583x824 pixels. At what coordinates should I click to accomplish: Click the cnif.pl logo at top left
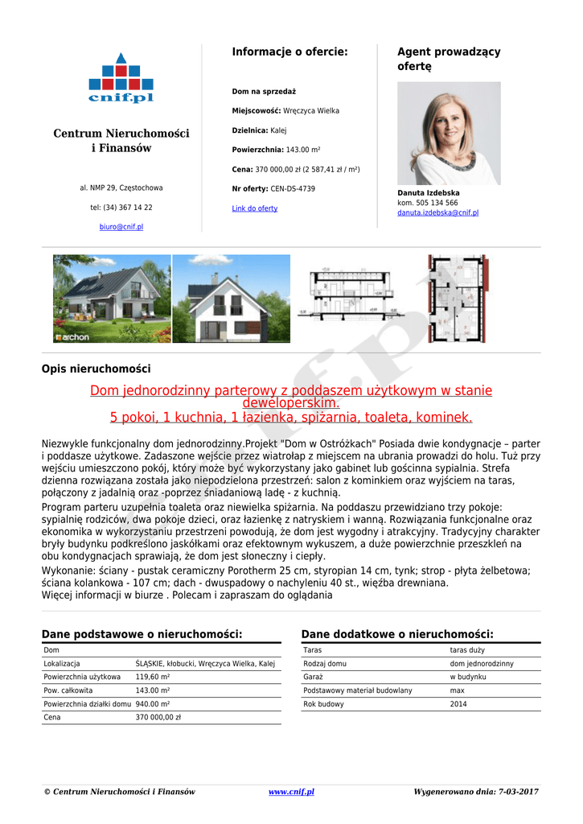point(121,78)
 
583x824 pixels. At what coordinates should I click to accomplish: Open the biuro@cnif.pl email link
point(121,228)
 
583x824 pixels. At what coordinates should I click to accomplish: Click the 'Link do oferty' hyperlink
point(255,208)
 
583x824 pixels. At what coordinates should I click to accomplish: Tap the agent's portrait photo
point(449,133)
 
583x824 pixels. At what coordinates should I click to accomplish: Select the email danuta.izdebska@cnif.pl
point(437,213)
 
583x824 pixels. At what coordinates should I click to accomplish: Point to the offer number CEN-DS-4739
point(293,189)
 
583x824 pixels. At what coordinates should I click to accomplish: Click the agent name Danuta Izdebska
point(429,193)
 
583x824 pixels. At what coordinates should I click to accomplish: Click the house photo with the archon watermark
point(112,299)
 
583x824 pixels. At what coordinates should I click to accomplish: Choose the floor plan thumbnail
point(457,299)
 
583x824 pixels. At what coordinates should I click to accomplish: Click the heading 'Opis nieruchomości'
point(96,369)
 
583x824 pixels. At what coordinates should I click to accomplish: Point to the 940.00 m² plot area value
point(153,704)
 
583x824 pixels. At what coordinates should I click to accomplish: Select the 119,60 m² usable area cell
point(153,678)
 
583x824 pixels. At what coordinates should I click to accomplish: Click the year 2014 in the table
point(458,704)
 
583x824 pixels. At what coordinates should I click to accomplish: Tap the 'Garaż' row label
point(314,678)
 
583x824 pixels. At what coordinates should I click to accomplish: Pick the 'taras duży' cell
point(467,650)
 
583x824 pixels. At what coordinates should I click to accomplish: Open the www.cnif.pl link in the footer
point(291,792)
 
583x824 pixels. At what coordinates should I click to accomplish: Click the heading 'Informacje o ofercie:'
point(289,52)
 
